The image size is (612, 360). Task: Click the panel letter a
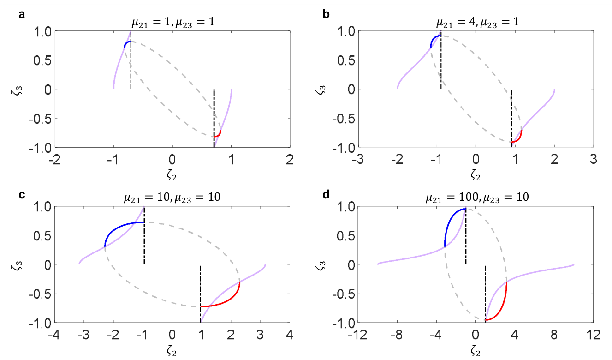(x=22, y=14)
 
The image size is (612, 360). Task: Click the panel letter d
(x=326, y=195)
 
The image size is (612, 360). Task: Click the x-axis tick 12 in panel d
(x=594, y=335)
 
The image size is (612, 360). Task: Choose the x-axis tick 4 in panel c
(x=290, y=335)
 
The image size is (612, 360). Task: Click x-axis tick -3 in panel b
(x=357, y=159)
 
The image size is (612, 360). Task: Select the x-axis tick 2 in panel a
(x=290, y=159)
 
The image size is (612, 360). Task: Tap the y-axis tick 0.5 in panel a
(x=42, y=60)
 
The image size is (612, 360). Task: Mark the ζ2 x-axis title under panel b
(x=475, y=175)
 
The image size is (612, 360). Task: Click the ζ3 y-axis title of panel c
(x=17, y=265)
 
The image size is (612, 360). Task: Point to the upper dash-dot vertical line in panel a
(x=131, y=60)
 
